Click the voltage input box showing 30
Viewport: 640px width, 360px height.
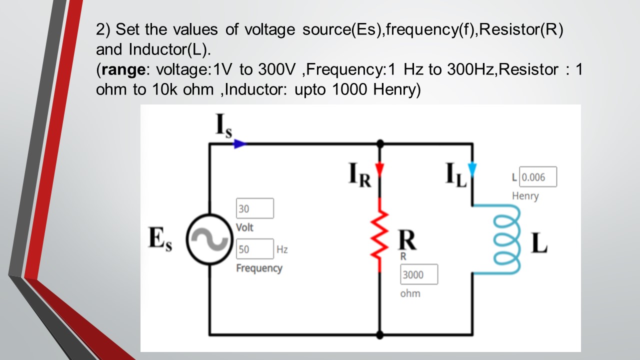[x=255, y=208]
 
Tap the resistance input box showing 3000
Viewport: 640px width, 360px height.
[x=419, y=274]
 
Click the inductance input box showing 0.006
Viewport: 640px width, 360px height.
[x=538, y=177]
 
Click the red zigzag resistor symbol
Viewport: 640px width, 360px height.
[x=380, y=234]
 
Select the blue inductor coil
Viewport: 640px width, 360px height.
[x=506, y=239]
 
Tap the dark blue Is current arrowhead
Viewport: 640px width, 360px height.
[x=240, y=144]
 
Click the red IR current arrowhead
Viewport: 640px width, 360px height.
[x=380, y=170]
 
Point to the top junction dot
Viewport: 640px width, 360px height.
[x=380, y=144]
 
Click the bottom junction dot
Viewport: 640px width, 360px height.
[x=380, y=334]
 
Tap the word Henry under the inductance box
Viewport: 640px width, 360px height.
[x=525, y=196]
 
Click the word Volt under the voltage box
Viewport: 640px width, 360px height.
[x=244, y=227]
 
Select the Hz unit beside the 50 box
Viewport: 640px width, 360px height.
[x=282, y=249]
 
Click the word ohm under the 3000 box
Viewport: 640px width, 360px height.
[x=410, y=293]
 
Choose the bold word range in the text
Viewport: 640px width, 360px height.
[x=122, y=69]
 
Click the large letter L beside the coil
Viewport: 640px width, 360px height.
[x=539, y=243]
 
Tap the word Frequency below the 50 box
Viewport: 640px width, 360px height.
[x=259, y=268]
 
